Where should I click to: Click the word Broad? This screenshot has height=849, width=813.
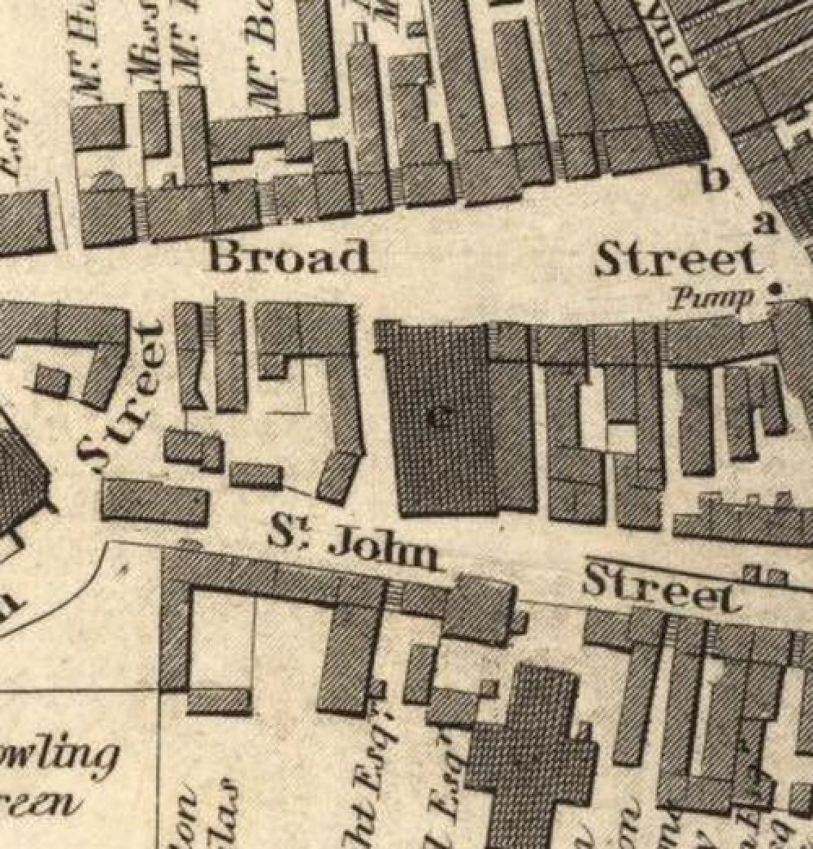291,257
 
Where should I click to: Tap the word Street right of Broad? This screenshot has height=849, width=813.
679,260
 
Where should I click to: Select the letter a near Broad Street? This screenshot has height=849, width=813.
763,224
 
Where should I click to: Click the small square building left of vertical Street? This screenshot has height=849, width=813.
51,381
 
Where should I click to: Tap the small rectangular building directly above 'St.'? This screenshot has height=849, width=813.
255,475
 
